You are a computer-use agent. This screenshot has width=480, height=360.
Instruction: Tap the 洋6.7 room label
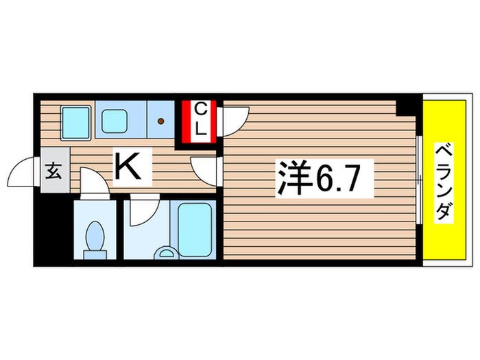(x=325, y=180)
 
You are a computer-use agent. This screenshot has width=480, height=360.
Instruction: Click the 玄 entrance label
(x=53, y=171)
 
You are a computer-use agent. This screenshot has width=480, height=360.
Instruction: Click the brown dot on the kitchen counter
(x=161, y=123)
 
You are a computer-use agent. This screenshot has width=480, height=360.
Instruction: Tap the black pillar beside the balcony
(x=409, y=106)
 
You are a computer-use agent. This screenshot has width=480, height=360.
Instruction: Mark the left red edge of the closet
(x=184, y=121)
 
